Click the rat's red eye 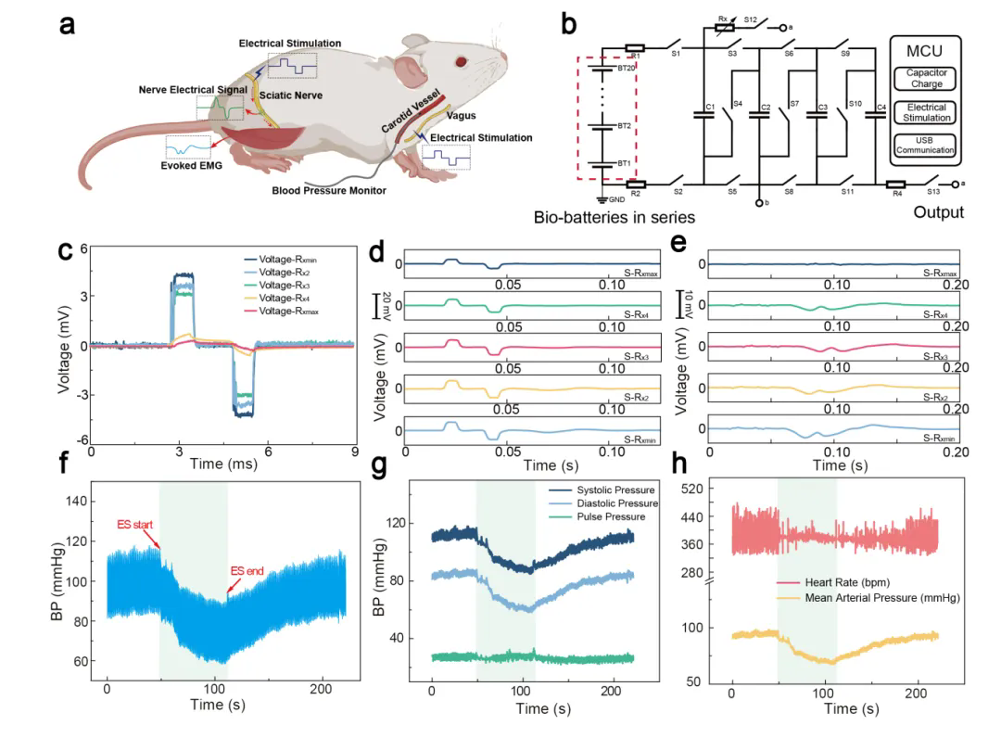[x=462, y=63]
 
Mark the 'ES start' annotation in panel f [x=137, y=525]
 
